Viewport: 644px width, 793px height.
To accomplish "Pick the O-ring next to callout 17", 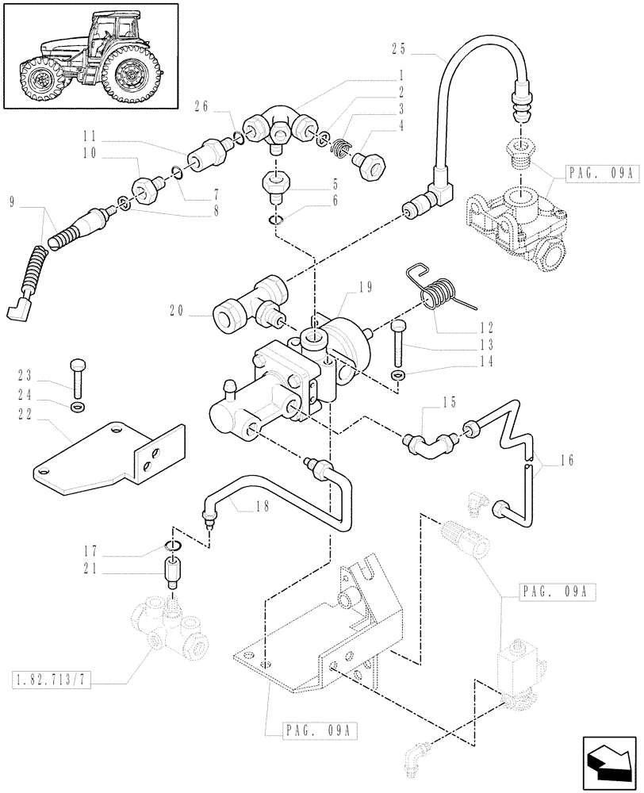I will (172, 546).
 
